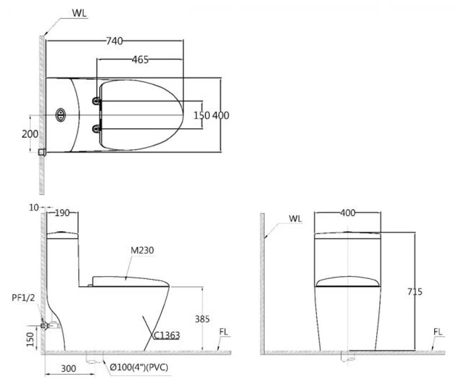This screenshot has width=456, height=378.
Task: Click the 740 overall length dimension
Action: click(x=114, y=41)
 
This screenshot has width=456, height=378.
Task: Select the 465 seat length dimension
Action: click(x=140, y=60)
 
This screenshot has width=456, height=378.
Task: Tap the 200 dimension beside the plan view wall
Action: click(x=30, y=134)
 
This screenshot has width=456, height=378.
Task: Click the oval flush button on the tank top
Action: click(x=61, y=115)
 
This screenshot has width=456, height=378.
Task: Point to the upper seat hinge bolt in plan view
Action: click(x=97, y=101)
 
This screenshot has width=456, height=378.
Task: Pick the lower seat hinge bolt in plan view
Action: click(x=97, y=128)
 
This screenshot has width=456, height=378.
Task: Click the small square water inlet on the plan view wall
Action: click(x=42, y=152)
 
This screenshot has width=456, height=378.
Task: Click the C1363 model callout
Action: click(x=167, y=335)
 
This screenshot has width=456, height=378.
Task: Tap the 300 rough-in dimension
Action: click(x=68, y=368)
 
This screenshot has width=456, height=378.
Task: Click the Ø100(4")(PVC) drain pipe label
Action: click(x=139, y=368)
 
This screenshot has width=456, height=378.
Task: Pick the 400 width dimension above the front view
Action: click(x=348, y=213)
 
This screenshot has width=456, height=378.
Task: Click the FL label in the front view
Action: click(x=438, y=332)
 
